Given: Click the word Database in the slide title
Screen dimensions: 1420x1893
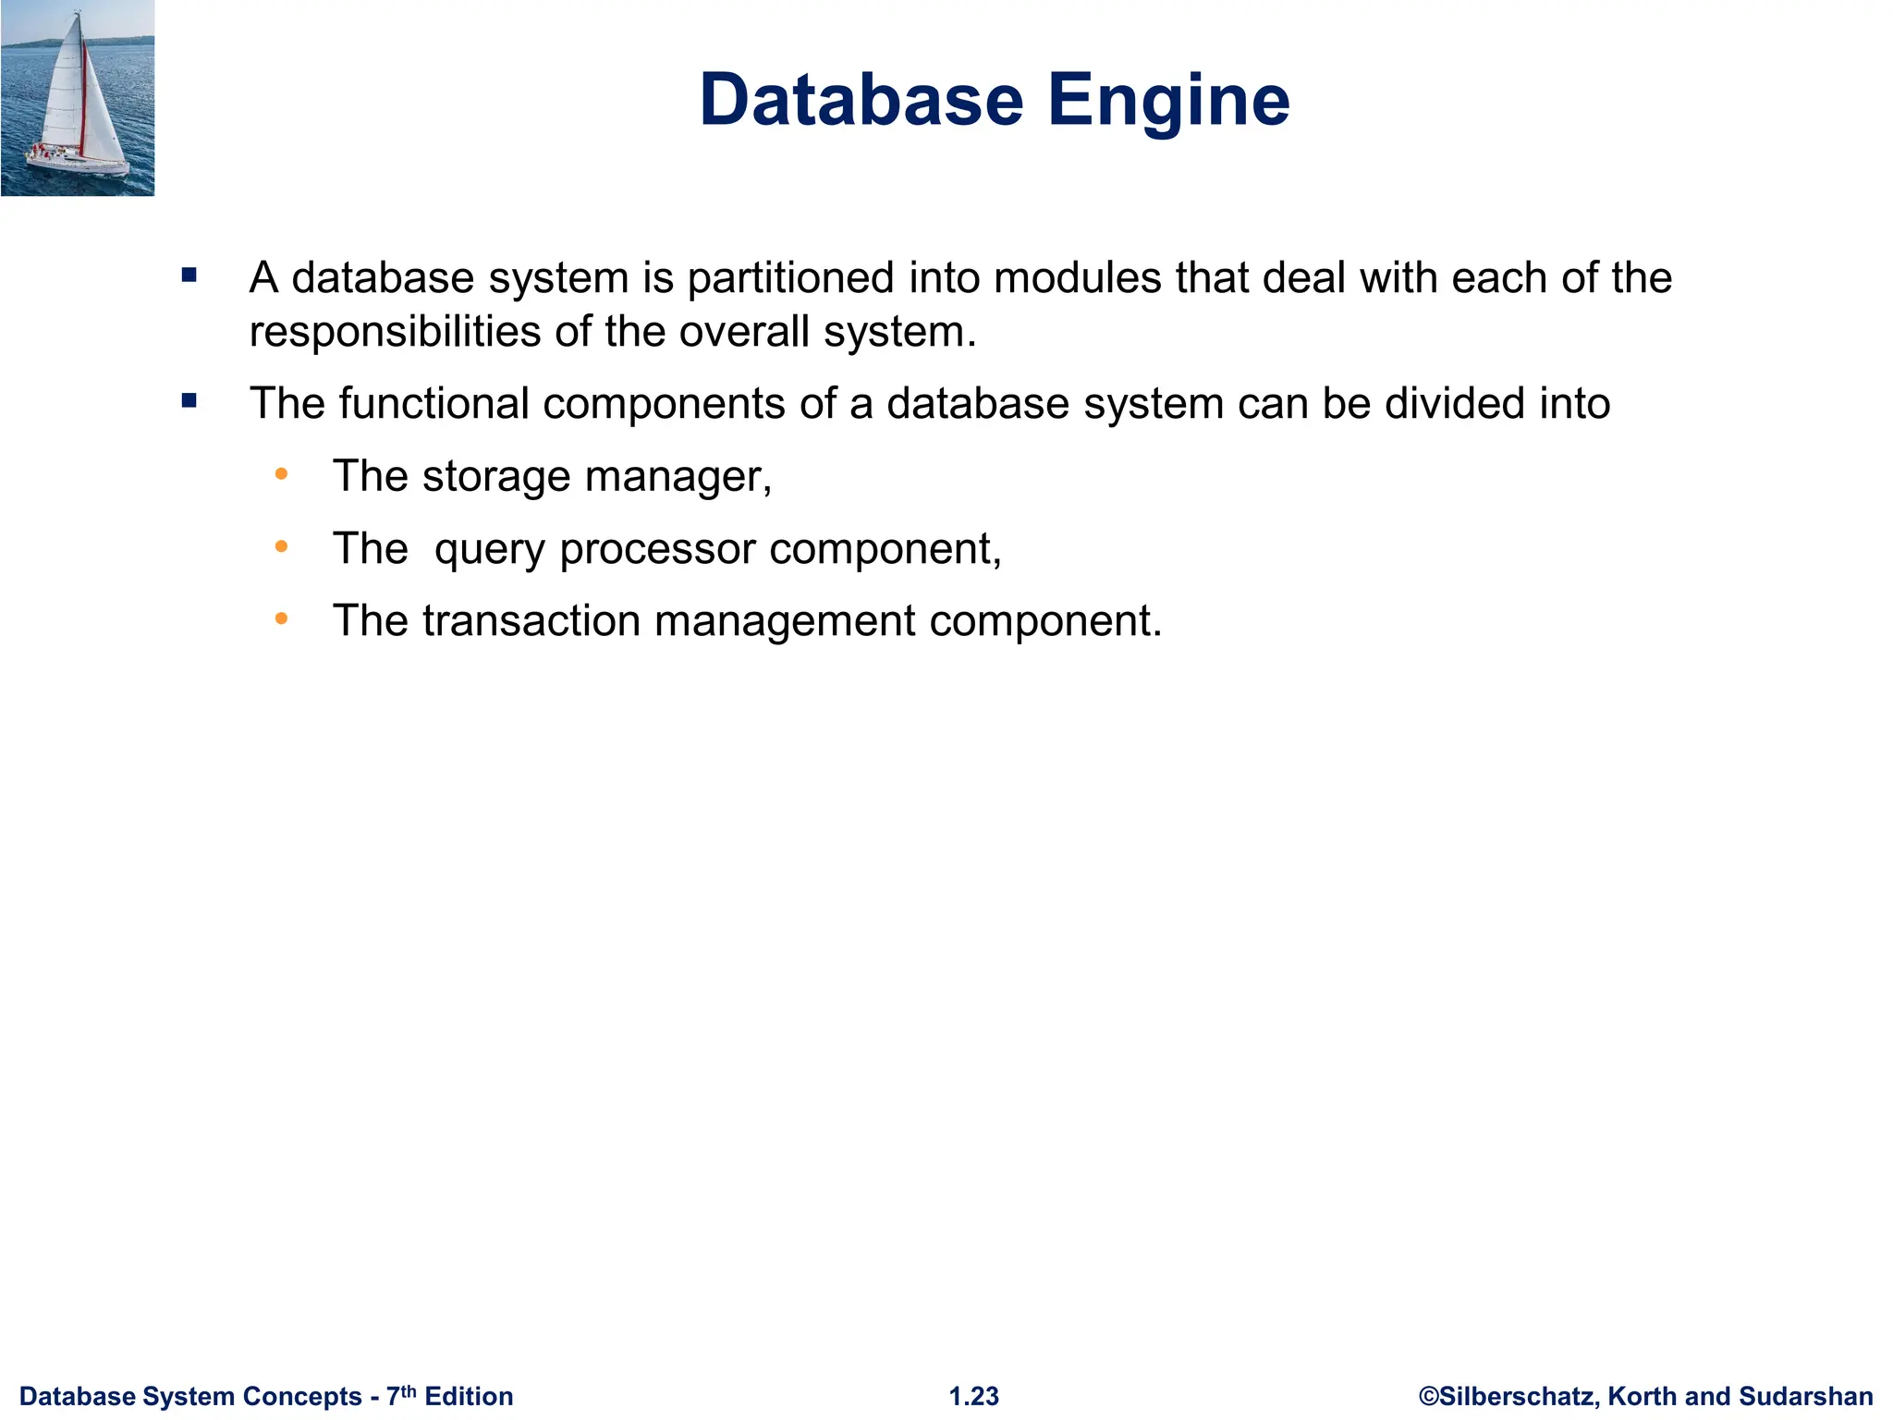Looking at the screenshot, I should (x=861, y=100).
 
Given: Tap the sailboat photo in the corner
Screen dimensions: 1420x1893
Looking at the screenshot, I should (x=78, y=98).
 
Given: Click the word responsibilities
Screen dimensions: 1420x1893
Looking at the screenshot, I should (x=395, y=332).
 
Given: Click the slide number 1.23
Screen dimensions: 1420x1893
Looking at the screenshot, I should (x=974, y=1396).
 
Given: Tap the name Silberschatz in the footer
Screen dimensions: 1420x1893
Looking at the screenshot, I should (x=1519, y=1396).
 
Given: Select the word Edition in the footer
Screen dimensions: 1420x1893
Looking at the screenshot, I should (x=469, y=1396).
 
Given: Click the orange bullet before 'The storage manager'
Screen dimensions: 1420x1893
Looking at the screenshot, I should (x=282, y=475).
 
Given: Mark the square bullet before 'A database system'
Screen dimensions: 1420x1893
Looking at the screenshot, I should (x=189, y=275).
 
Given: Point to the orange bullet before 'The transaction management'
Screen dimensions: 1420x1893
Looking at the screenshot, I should (x=282, y=618).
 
